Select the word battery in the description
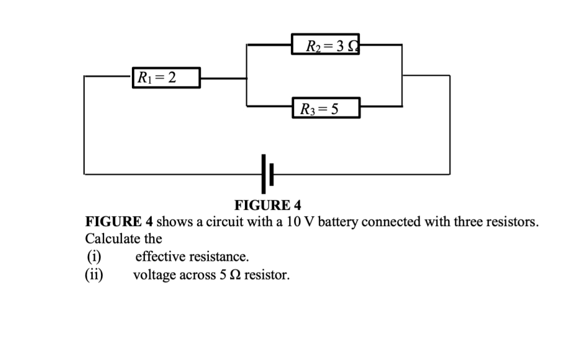pos(337,221)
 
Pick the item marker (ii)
pos(95,275)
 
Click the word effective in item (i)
pos(159,257)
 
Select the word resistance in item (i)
pos(218,257)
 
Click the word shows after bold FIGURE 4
pos(175,221)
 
